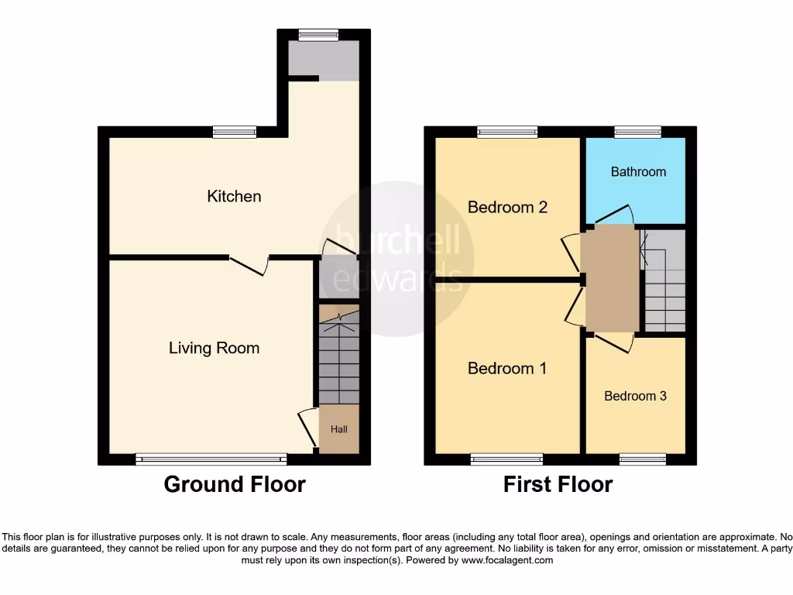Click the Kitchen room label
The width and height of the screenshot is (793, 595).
pyautogui.click(x=234, y=197)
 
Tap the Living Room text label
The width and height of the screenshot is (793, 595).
pyautogui.click(x=214, y=349)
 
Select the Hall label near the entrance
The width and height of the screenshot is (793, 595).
pyautogui.click(x=339, y=429)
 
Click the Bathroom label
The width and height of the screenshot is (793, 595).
pyautogui.click(x=638, y=172)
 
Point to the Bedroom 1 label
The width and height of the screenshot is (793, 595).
pyautogui.click(x=506, y=369)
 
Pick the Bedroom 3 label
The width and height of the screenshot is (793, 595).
pyautogui.click(x=635, y=397)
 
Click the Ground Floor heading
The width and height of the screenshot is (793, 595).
pyautogui.click(x=235, y=485)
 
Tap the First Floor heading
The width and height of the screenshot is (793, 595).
pyautogui.click(x=558, y=485)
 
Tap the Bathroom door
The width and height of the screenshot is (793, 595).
pyautogui.click(x=612, y=215)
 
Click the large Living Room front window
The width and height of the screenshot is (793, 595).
pyautogui.click(x=211, y=459)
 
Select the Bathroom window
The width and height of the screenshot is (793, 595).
pyautogui.click(x=637, y=132)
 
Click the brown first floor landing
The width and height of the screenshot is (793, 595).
pyautogui.click(x=610, y=279)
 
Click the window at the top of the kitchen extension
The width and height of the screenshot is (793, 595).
pyautogui.click(x=318, y=34)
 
